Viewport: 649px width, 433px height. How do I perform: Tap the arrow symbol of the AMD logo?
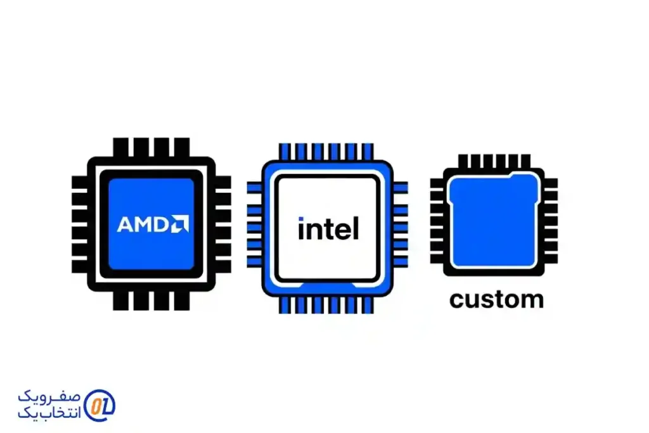[181, 224]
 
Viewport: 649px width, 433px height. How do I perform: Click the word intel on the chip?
[328, 228]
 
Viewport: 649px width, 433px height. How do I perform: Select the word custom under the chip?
[496, 299]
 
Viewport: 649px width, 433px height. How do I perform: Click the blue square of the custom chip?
[494, 222]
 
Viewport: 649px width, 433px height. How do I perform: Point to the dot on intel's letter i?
[301, 219]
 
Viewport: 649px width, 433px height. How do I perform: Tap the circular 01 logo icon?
[100, 404]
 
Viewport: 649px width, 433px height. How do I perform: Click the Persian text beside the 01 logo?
[49, 404]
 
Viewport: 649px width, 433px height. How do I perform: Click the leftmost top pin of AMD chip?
[121, 148]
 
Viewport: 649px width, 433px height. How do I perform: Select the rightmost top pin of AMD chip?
[182, 148]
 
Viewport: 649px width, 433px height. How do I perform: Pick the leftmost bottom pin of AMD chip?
[121, 301]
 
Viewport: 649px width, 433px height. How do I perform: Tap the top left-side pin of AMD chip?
[79, 183]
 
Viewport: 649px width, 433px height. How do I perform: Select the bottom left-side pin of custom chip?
[437, 260]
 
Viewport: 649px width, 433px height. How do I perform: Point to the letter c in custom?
[456, 301]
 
